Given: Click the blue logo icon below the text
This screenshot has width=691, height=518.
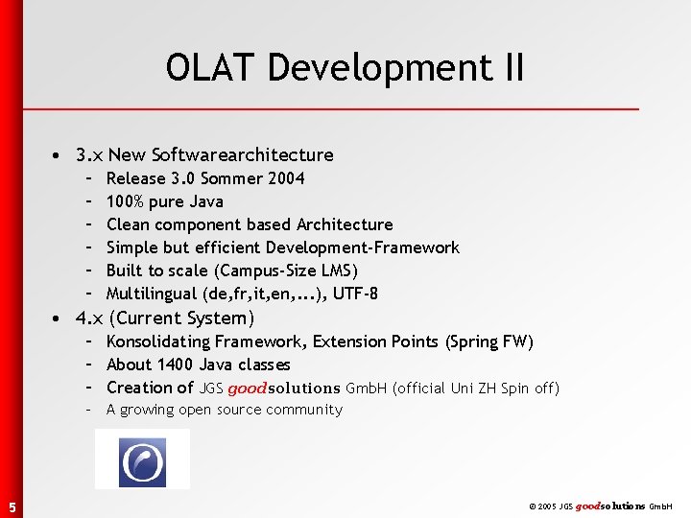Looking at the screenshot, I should pos(142,461).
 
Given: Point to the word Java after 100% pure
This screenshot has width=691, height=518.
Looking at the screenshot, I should pos(205,201).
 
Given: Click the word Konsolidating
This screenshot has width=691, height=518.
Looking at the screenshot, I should pos(158,341).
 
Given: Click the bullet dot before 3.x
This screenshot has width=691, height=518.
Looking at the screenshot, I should pos(60,155).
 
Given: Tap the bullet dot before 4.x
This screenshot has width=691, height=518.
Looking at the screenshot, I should pos(60,318).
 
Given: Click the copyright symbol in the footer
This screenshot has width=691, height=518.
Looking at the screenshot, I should pos(532,506).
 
